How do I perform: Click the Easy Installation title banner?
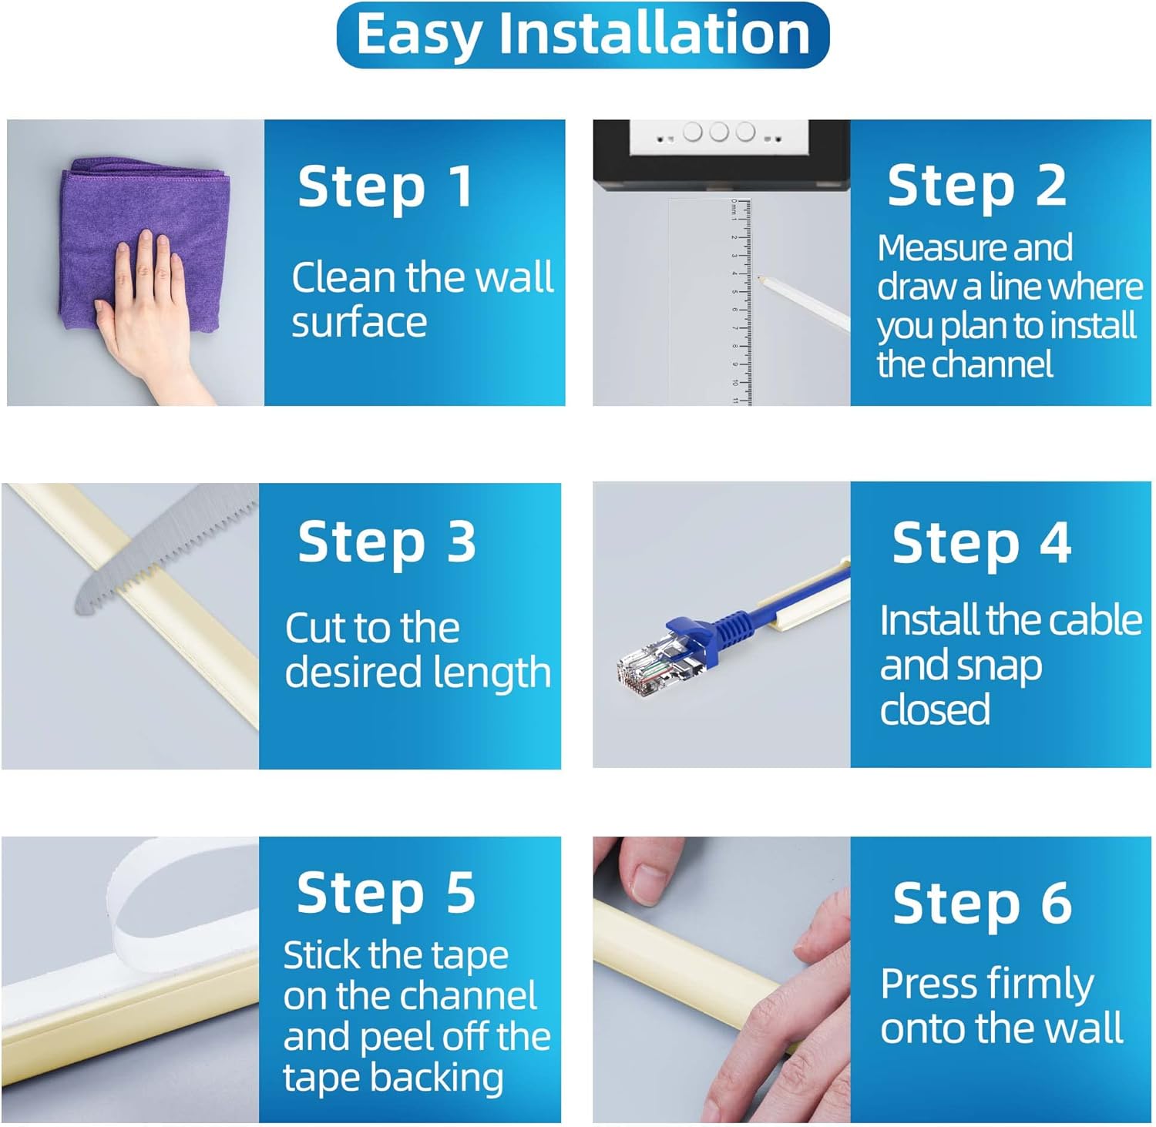point(583,35)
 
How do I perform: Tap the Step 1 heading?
point(385,187)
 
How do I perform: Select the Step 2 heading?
point(976,186)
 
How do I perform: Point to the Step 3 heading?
point(387,542)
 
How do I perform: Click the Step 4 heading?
point(981,543)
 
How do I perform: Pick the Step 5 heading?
point(385,892)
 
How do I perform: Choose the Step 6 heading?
point(982,903)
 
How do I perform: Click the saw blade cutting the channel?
point(166,551)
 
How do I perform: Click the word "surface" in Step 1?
point(359,322)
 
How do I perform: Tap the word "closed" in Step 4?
point(935,709)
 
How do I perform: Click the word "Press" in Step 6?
point(929,984)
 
